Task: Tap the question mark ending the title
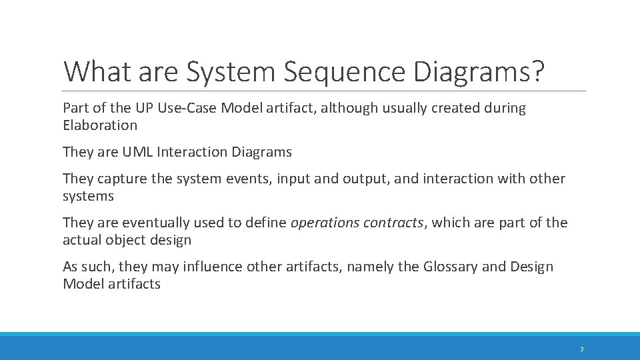[537, 72]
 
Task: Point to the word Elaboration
[100, 125]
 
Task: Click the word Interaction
[191, 152]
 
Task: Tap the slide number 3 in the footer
[581, 349]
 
